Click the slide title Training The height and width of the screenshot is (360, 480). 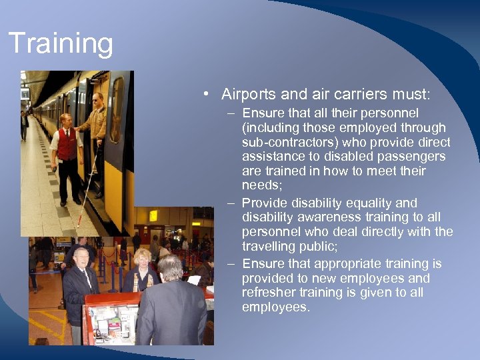[x=61, y=44]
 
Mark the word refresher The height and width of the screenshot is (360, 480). [x=269, y=293]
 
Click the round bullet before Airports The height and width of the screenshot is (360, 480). [x=209, y=94]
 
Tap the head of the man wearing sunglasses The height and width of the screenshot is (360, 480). [x=98, y=99]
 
